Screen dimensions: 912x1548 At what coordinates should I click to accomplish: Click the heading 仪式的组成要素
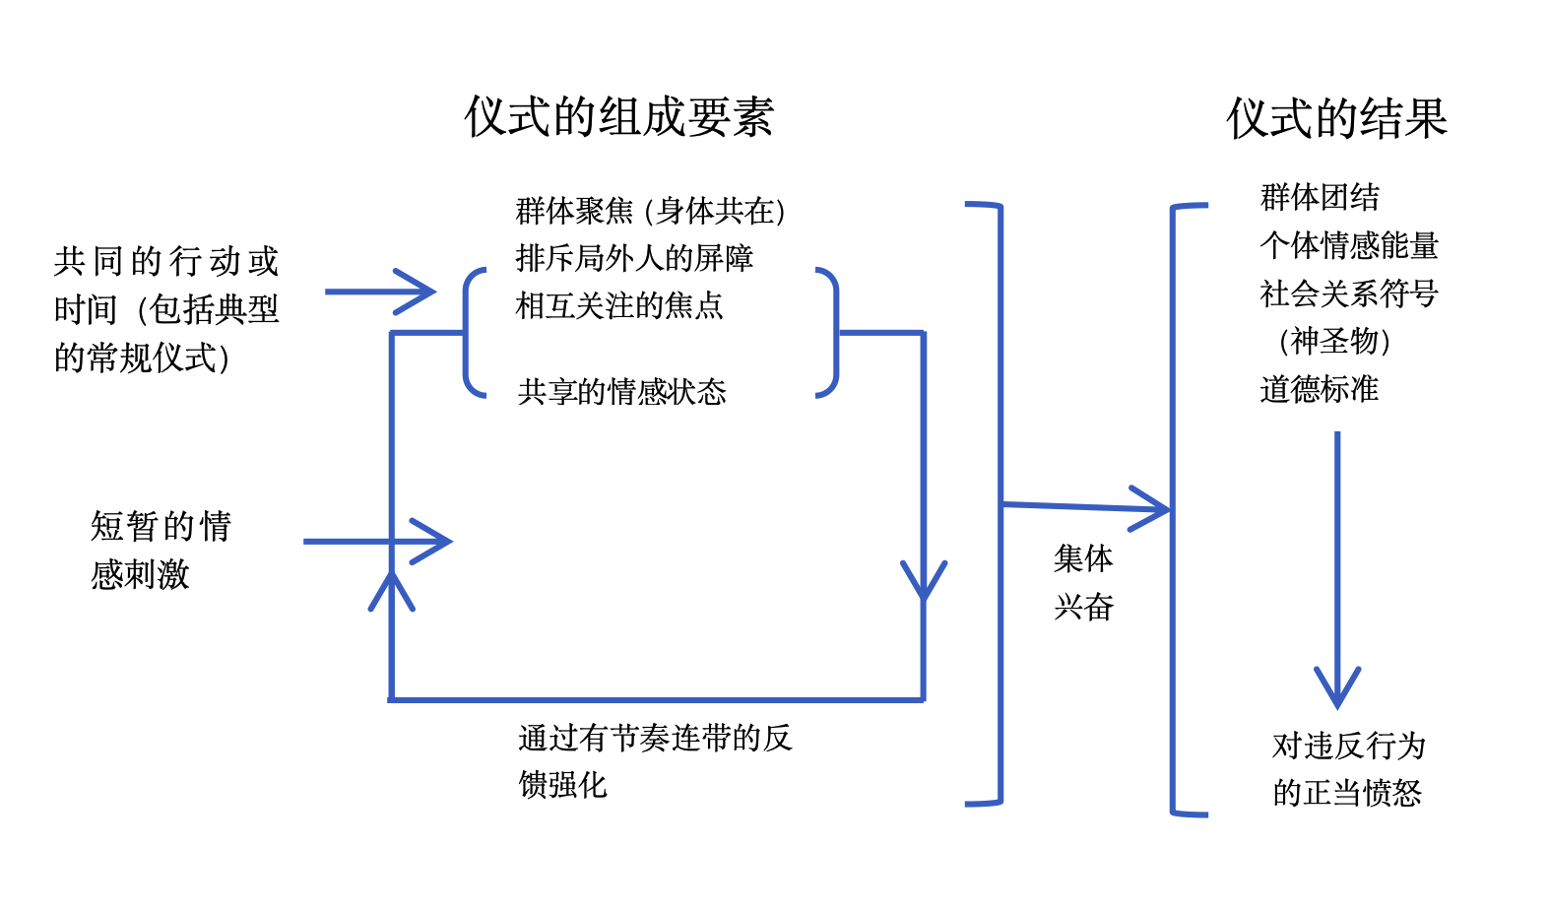click(x=619, y=117)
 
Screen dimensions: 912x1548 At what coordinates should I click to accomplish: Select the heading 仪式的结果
click(x=1336, y=118)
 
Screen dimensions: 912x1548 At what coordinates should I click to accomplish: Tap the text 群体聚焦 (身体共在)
click(x=650, y=211)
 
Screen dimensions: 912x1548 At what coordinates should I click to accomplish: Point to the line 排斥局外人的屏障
click(x=634, y=258)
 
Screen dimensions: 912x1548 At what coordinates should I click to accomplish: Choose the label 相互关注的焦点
click(x=619, y=305)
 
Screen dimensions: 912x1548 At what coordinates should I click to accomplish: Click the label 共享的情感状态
click(x=621, y=392)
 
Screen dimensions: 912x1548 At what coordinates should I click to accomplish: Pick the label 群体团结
click(x=1320, y=197)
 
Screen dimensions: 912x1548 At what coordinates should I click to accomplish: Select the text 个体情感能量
click(x=1349, y=245)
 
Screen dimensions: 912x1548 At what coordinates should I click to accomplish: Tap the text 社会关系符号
click(x=1349, y=293)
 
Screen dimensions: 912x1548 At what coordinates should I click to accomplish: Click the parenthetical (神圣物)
click(x=1334, y=341)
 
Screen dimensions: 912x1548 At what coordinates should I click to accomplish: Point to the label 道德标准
click(x=1320, y=389)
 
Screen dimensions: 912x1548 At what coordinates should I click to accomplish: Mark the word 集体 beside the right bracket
click(x=1083, y=558)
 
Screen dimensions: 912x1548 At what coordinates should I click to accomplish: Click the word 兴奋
click(x=1083, y=607)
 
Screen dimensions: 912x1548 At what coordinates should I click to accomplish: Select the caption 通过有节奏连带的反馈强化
click(x=654, y=760)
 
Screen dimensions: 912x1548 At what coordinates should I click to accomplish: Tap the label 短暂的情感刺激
click(x=161, y=550)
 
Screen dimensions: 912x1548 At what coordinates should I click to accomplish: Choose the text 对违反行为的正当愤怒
click(x=1348, y=769)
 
